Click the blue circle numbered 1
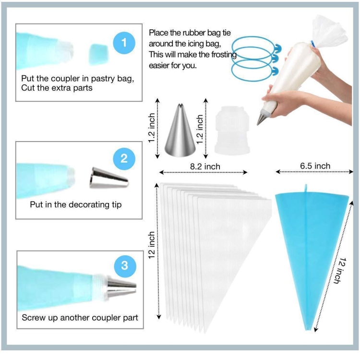(x=124, y=43)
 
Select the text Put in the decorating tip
(x=76, y=204)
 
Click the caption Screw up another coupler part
(x=80, y=318)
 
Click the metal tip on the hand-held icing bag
(x=262, y=117)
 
